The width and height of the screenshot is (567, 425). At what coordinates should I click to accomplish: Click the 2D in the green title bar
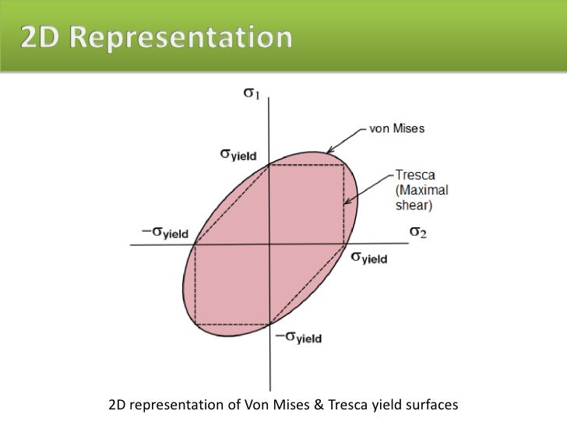coord(42,37)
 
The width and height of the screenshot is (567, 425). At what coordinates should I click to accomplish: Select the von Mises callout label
coord(396,128)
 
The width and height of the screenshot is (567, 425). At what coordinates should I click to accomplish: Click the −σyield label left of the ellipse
coord(156,232)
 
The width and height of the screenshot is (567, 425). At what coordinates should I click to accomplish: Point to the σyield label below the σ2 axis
coord(368,257)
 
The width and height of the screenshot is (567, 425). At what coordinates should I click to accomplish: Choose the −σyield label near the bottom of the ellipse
coord(297,337)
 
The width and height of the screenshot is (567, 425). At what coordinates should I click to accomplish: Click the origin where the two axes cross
coord(269,244)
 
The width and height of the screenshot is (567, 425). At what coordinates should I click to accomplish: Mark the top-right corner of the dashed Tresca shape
coord(344,165)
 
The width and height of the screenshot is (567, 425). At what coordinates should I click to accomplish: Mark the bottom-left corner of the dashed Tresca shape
coord(194,323)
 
